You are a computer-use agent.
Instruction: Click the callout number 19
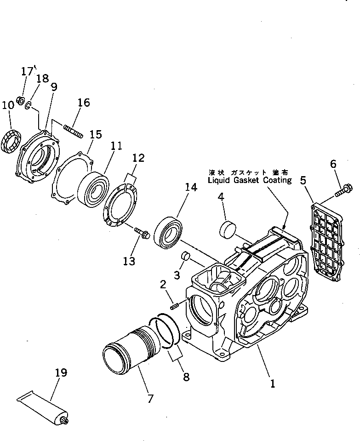tap(61, 372)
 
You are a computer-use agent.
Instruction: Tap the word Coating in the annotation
tap(277, 180)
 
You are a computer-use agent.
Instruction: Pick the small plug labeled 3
tap(186, 255)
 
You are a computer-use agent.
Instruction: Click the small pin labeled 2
tap(174, 304)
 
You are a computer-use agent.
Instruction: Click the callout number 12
tap(138, 159)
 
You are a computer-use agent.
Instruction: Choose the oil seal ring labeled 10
tap(12, 140)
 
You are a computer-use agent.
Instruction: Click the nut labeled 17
tap(20, 100)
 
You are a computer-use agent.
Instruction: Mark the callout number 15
tap(95, 134)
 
